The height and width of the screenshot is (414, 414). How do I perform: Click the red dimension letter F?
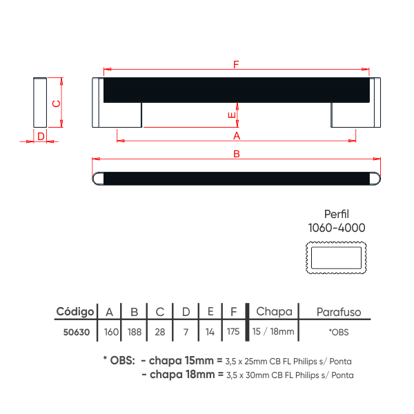coord(236,64)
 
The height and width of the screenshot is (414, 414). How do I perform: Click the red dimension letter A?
coord(237,136)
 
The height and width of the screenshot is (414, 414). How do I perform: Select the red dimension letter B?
coord(237,154)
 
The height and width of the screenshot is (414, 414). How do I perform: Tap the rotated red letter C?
coord(57,103)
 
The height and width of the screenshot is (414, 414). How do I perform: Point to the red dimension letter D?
coord(41,137)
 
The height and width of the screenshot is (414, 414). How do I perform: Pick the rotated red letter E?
coord(231,115)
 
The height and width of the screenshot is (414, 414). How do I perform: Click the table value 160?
coord(111,332)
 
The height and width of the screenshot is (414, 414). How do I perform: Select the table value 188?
coord(135,332)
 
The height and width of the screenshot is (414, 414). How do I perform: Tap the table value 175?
coord(233,331)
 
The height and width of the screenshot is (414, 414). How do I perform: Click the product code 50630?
coord(77,332)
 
